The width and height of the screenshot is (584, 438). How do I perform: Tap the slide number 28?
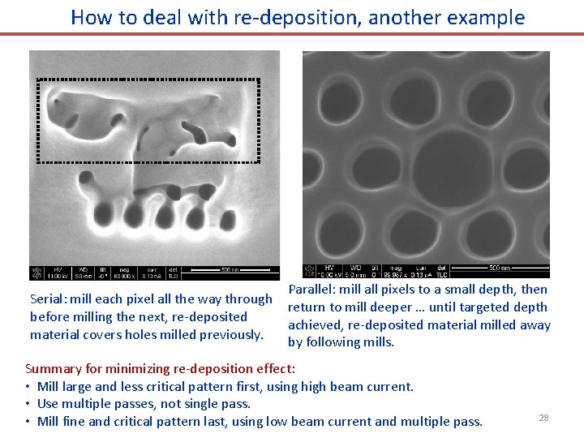point(543,417)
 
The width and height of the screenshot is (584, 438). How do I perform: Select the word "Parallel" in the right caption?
point(312,290)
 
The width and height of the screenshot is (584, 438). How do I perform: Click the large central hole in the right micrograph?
point(449,160)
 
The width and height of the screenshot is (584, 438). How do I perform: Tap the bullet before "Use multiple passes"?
point(28,404)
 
